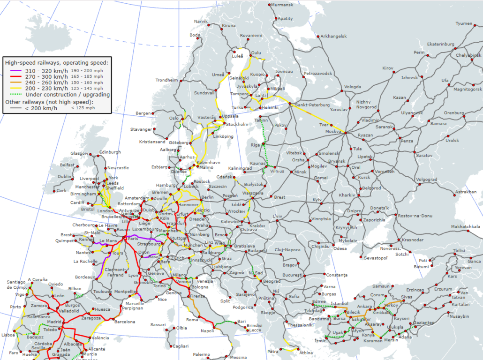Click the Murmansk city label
[x=282, y=5]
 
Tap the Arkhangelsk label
[x=333, y=36]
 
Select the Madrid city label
[x=54, y=322]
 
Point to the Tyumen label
[x=464, y=23]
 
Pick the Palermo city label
[x=201, y=354]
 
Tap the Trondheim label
[x=167, y=80]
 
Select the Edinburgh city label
[x=110, y=152]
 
